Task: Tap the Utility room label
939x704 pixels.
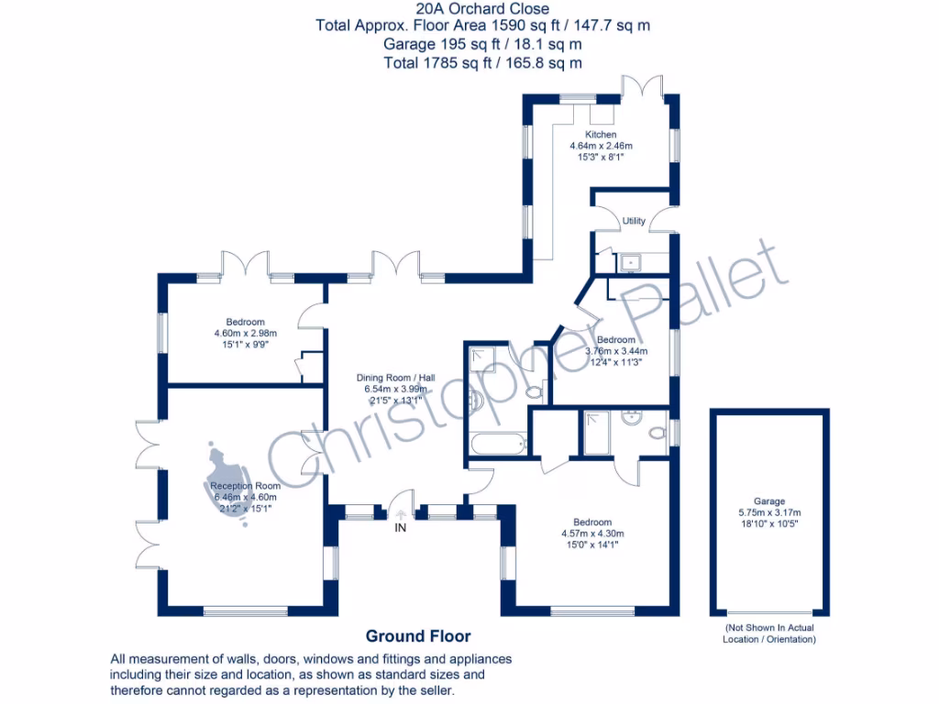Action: coord(634,221)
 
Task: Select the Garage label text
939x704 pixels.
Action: coord(769,501)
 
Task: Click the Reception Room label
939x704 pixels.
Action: coord(245,486)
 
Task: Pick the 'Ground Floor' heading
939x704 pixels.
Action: coord(418,636)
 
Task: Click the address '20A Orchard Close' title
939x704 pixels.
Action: coord(482,9)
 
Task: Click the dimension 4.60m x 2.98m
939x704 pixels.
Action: coord(245,334)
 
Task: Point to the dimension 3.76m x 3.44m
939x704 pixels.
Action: coord(616,351)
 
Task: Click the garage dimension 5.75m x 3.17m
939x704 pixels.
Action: coord(769,512)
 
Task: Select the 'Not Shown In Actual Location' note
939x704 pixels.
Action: coord(769,632)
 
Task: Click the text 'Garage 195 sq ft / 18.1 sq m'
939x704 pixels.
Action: coord(482,44)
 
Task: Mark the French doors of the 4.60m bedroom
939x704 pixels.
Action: coord(245,264)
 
